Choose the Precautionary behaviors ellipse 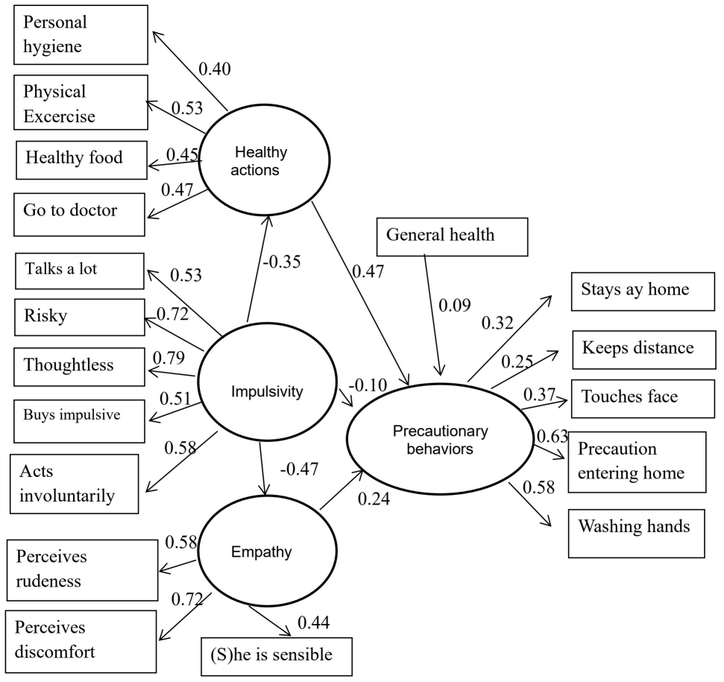click(x=441, y=441)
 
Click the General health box click(x=452, y=236)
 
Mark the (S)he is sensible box click(x=275, y=656)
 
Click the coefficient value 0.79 click(x=169, y=357)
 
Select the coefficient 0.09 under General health click(x=454, y=306)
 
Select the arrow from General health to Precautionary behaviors click(x=434, y=313)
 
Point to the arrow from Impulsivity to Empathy click(x=263, y=469)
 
